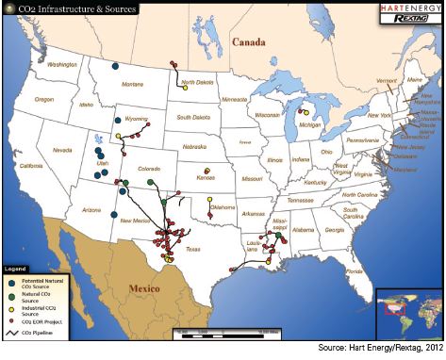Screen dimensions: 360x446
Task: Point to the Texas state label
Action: pos(193,249)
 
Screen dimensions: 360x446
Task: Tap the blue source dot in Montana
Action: pos(114,66)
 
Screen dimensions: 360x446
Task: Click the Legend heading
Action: pos(18,269)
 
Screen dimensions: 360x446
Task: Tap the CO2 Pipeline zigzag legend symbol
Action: pos(13,333)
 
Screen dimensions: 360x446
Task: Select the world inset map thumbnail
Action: pos(408,310)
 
